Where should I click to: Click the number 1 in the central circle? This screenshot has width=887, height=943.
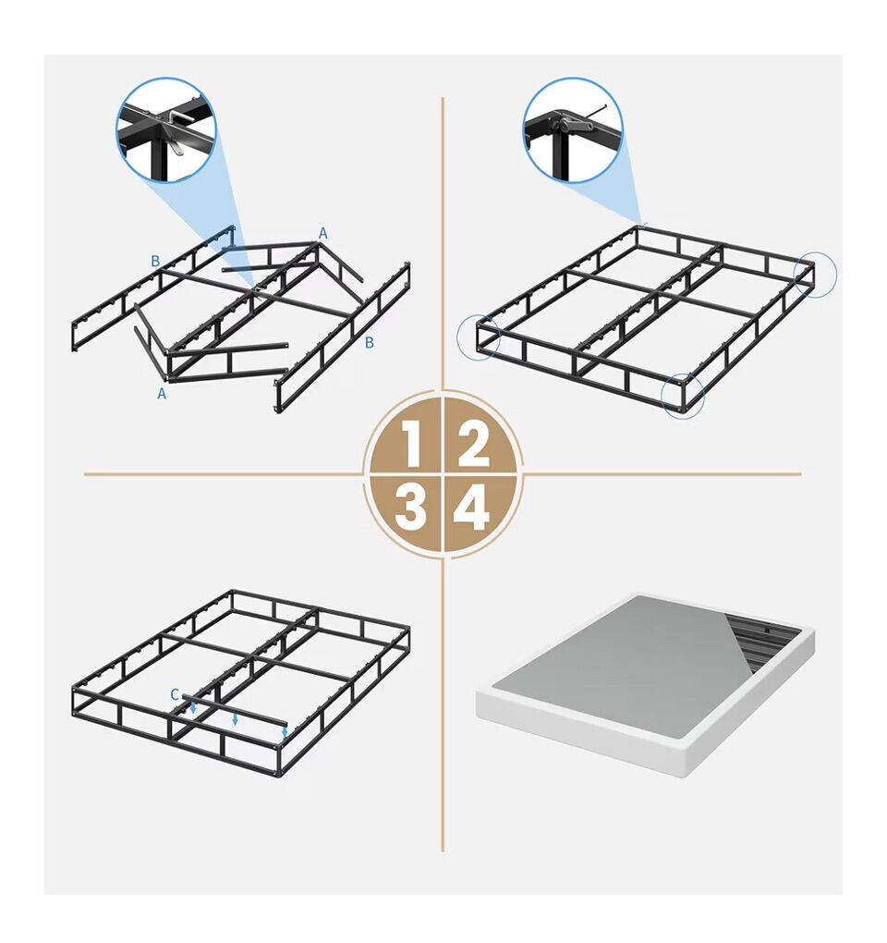point(412,444)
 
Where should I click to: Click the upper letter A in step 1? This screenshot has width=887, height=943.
point(323,233)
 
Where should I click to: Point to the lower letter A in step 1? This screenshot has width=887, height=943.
point(162,393)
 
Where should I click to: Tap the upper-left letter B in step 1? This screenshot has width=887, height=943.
point(155,261)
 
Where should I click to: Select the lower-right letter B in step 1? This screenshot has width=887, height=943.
point(370,342)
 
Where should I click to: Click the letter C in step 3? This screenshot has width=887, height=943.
point(175,694)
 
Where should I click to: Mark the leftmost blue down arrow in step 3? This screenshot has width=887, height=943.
point(193,708)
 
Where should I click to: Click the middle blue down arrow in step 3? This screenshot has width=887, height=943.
point(235,719)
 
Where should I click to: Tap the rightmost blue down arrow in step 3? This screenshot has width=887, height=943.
point(285,732)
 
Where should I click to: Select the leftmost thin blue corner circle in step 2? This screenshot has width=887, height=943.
point(479,337)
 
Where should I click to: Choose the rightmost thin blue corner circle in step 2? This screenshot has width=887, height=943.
point(815,274)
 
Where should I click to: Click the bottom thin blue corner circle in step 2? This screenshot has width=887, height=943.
point(683,395)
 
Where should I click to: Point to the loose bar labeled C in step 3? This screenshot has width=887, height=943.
point(235,710)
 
